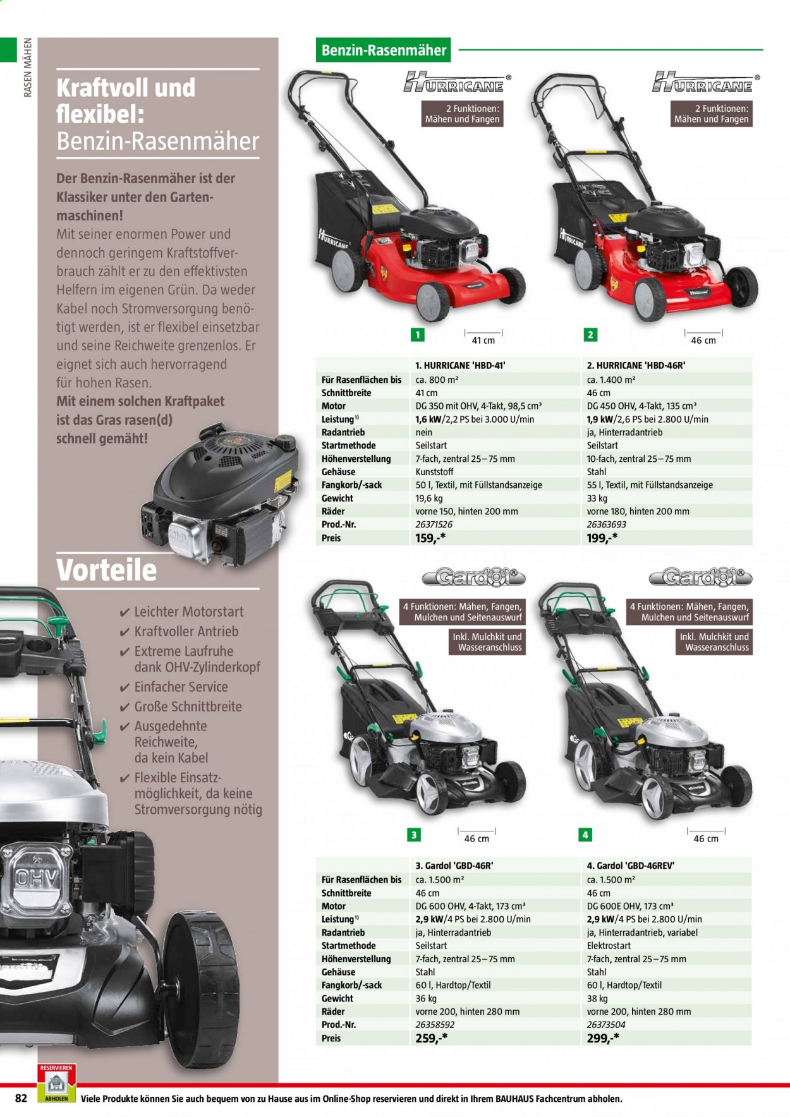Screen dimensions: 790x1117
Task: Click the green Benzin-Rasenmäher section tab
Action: point(383,50)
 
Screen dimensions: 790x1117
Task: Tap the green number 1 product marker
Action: point(418,335)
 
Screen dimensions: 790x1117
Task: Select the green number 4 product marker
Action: point(585,835)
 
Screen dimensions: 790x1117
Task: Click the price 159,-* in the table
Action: point(432,538)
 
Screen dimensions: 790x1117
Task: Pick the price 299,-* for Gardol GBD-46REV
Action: point(603,1037)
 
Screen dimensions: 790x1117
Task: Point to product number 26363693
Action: point(607,524)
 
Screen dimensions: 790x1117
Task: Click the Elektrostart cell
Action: point(609,946)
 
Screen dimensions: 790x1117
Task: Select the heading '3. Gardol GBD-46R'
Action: point(454,866)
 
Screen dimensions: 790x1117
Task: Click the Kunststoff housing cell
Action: point(434,471)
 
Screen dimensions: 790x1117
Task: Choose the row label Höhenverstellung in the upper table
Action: point(356,459)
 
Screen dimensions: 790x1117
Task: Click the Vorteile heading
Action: point(106,569)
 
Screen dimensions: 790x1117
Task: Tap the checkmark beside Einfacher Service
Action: point(125,687)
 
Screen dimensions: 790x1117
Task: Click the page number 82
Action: point(21,1098)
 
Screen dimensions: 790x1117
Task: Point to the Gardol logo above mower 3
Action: point(466,577)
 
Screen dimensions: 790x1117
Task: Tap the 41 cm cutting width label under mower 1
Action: point(483,341)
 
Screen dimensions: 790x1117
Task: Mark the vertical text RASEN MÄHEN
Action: point(27,68)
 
